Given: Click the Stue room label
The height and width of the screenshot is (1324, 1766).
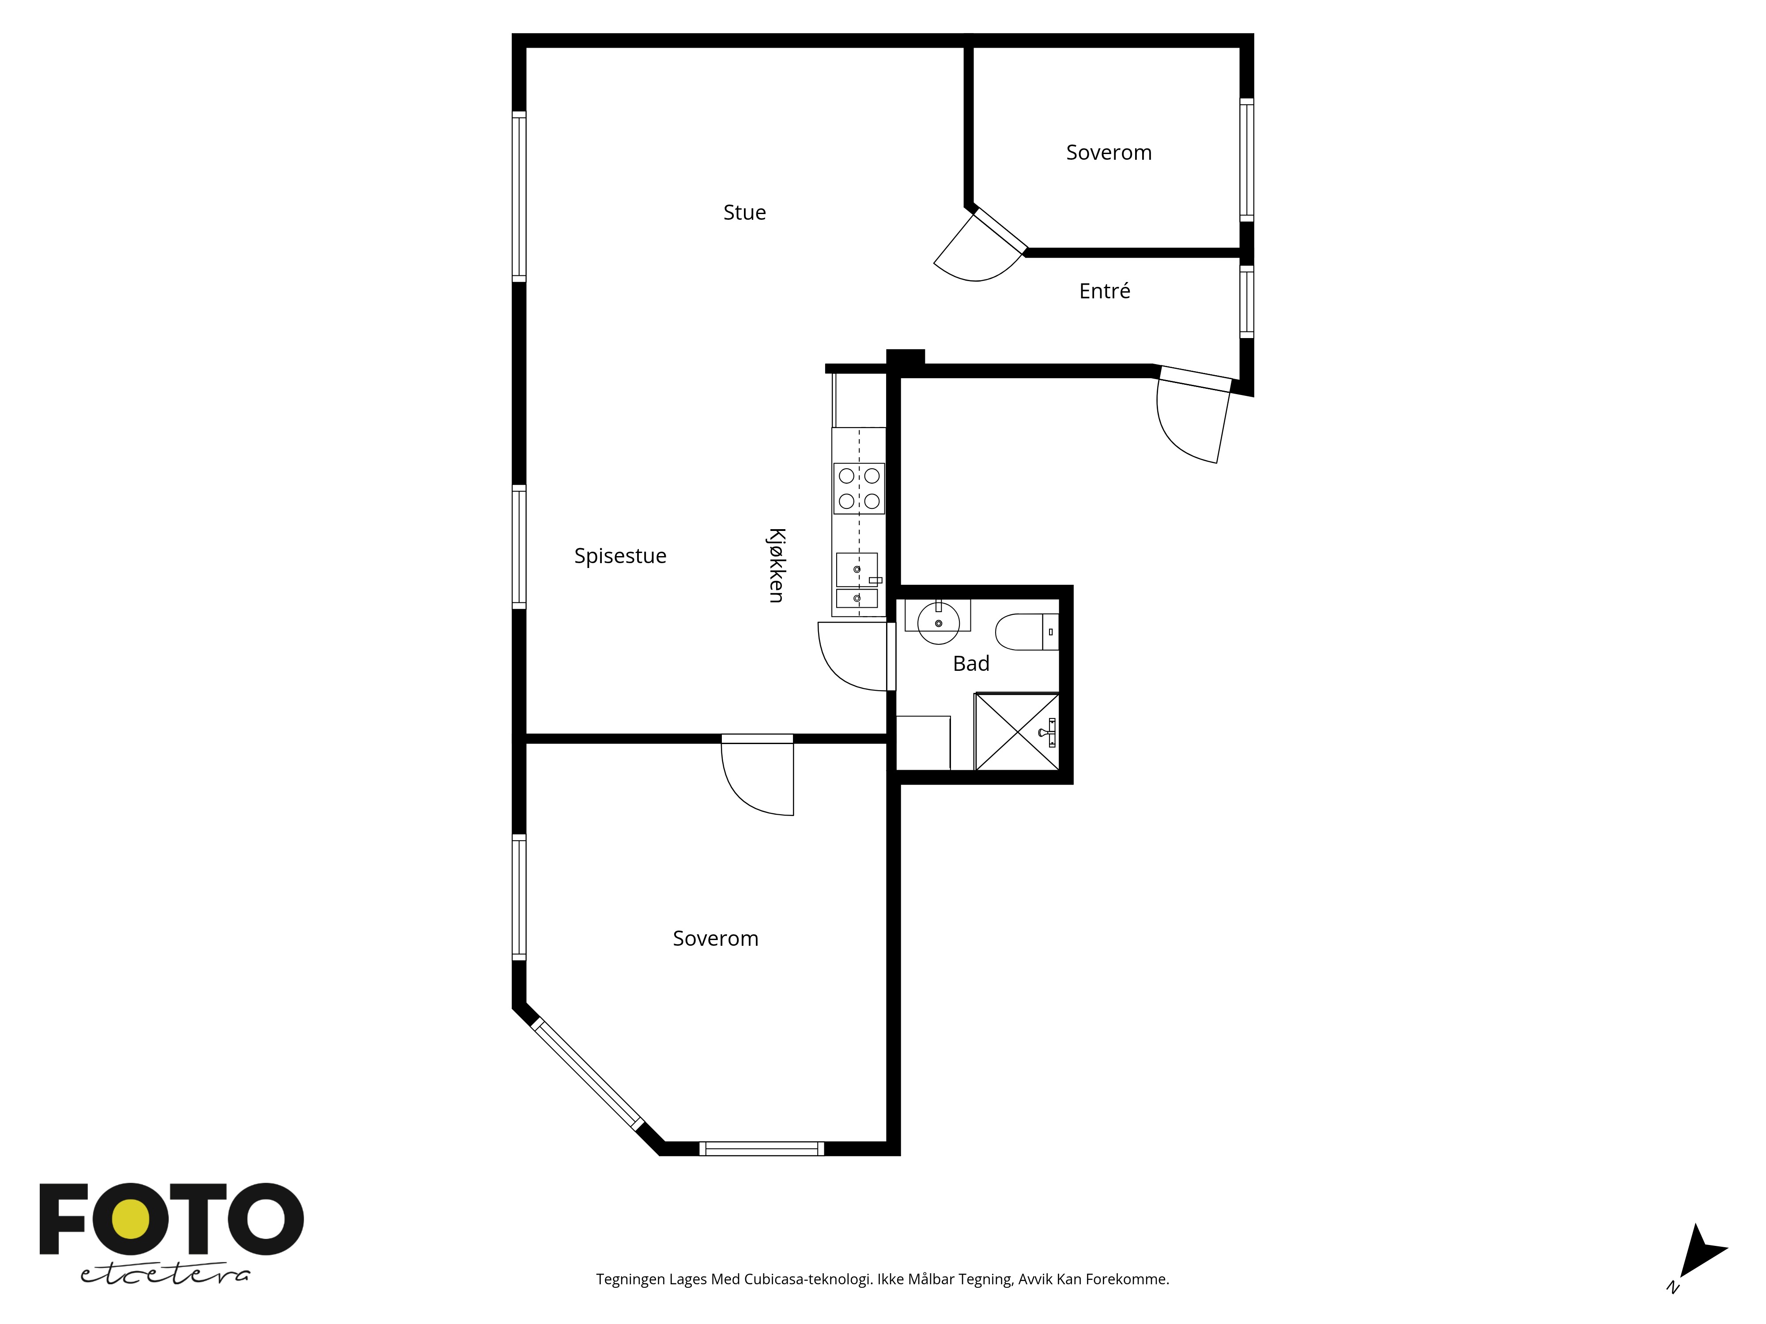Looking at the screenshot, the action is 744,212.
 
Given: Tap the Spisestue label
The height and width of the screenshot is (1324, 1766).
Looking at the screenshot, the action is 620,556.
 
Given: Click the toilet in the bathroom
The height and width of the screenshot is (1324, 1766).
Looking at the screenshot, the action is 1026,631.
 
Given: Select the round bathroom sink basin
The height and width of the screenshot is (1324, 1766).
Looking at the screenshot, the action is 938,622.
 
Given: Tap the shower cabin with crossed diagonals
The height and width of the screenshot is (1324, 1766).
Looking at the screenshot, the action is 1017,732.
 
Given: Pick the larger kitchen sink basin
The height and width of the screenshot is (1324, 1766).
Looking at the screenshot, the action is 857,569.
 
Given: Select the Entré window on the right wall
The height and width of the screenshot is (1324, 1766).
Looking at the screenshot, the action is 1246,302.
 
